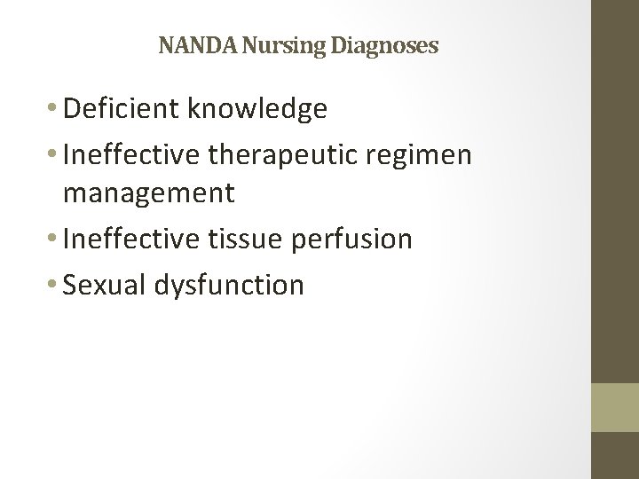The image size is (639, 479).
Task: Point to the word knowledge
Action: pyautogui.click(x=258, y=109)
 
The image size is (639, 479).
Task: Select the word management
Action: pyautogui.click(x=149, y=192)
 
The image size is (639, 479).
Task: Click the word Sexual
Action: pyautogui.click(x=106, y=285)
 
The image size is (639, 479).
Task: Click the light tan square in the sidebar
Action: pyautogui.click(x=615, y=407)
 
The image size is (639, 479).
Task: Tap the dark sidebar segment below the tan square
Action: pyautogui.click(x=615, y=456)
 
